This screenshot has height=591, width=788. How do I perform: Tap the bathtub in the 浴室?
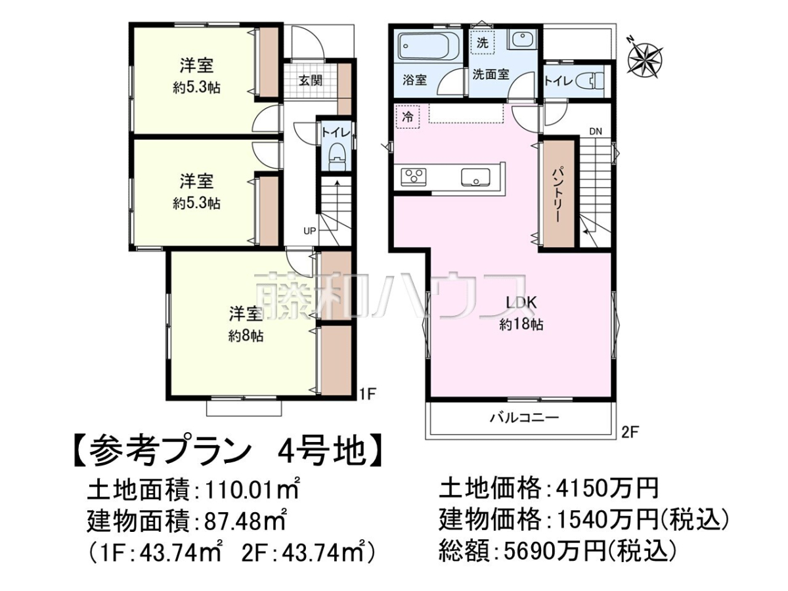pyautogui.click(x=426, y=47)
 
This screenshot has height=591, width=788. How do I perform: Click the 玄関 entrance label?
pyautogui.click(x=311, y=80)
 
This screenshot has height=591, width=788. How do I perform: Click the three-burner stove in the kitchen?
pyautogui.click(x=414, y=177)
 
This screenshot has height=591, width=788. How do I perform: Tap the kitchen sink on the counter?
pyautogui.click(x=475, y=177)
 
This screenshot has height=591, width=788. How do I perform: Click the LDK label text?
pyautogui.click(x=521, y=303)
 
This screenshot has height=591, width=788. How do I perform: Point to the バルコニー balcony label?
pyautogui.click(x=525, y=418)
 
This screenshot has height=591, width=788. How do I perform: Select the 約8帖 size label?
pyautogui.click(x=246, y=336)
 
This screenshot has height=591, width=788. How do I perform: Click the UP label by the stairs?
pyautogui.click(x=309, y=231)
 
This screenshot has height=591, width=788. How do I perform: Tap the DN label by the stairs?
pyautogui.click(x=596, y=131)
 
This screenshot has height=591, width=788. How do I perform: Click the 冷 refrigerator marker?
pyautogui.click(x=408, y=117)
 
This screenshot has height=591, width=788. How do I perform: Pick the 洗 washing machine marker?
pyautogui.click(x=482, y=43)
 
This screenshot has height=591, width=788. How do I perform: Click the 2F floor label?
pyautogui.click(x=630, y=432)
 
